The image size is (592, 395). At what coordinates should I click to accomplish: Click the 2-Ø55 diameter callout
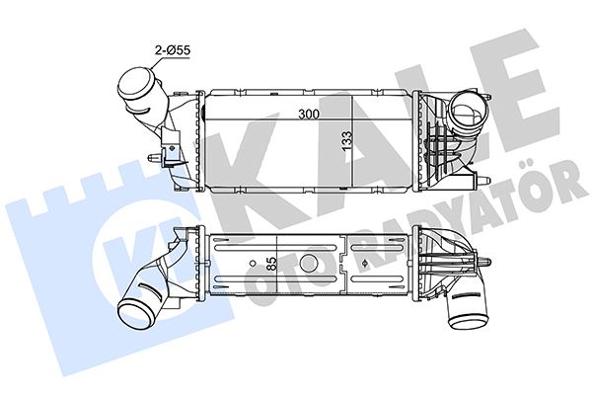pos(169,47)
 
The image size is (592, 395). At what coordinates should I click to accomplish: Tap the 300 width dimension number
pos(309,115)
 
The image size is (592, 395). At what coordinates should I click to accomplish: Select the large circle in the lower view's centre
pos(308,263)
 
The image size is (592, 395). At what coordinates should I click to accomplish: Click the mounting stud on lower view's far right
pos(486,259)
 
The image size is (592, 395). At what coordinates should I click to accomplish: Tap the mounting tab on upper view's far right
pos(485,180)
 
